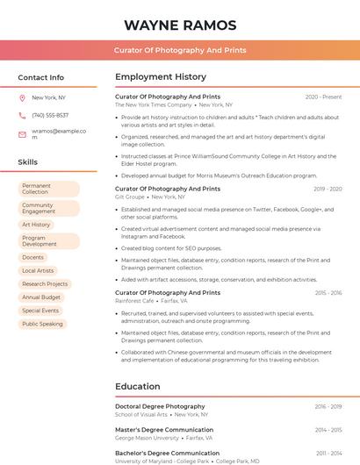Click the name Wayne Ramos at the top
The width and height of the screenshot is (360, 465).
point(180,25)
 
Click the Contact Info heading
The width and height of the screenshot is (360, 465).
point(41,77)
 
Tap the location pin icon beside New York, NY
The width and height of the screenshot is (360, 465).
point(22,98)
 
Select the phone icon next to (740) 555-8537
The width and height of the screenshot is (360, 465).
point(22,116)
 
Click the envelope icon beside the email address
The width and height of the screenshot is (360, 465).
point(22,134)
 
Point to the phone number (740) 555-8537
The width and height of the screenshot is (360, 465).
point(50,116)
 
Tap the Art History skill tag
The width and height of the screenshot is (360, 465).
point(37,225)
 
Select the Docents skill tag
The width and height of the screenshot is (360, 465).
point(33,257)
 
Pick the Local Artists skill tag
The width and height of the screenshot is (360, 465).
point(38,270)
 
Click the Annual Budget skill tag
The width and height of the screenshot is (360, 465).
point(41,297)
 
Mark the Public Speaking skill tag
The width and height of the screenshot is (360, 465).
point(42,324)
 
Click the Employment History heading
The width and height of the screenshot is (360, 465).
point(161,77)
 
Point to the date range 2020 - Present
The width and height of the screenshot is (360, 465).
point(323,97)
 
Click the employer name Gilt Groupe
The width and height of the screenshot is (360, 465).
point(129,197)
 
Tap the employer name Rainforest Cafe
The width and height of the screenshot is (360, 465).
point(134,301)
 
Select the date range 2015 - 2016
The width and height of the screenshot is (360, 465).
point(328,293)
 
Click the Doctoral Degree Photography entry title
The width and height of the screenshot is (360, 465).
point(160,406)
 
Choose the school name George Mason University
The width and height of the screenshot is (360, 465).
point(147,438)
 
